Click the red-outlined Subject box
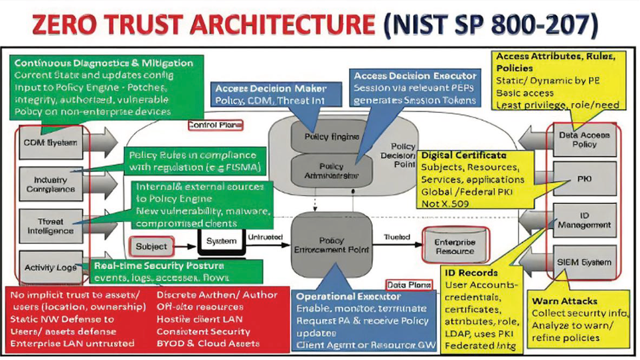click(x=151, y=246)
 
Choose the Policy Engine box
click(x=325, y=137)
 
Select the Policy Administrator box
click(x=325, y=171)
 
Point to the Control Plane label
click(x=216, y=124)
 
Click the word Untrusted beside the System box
click(x=265, y=236)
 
